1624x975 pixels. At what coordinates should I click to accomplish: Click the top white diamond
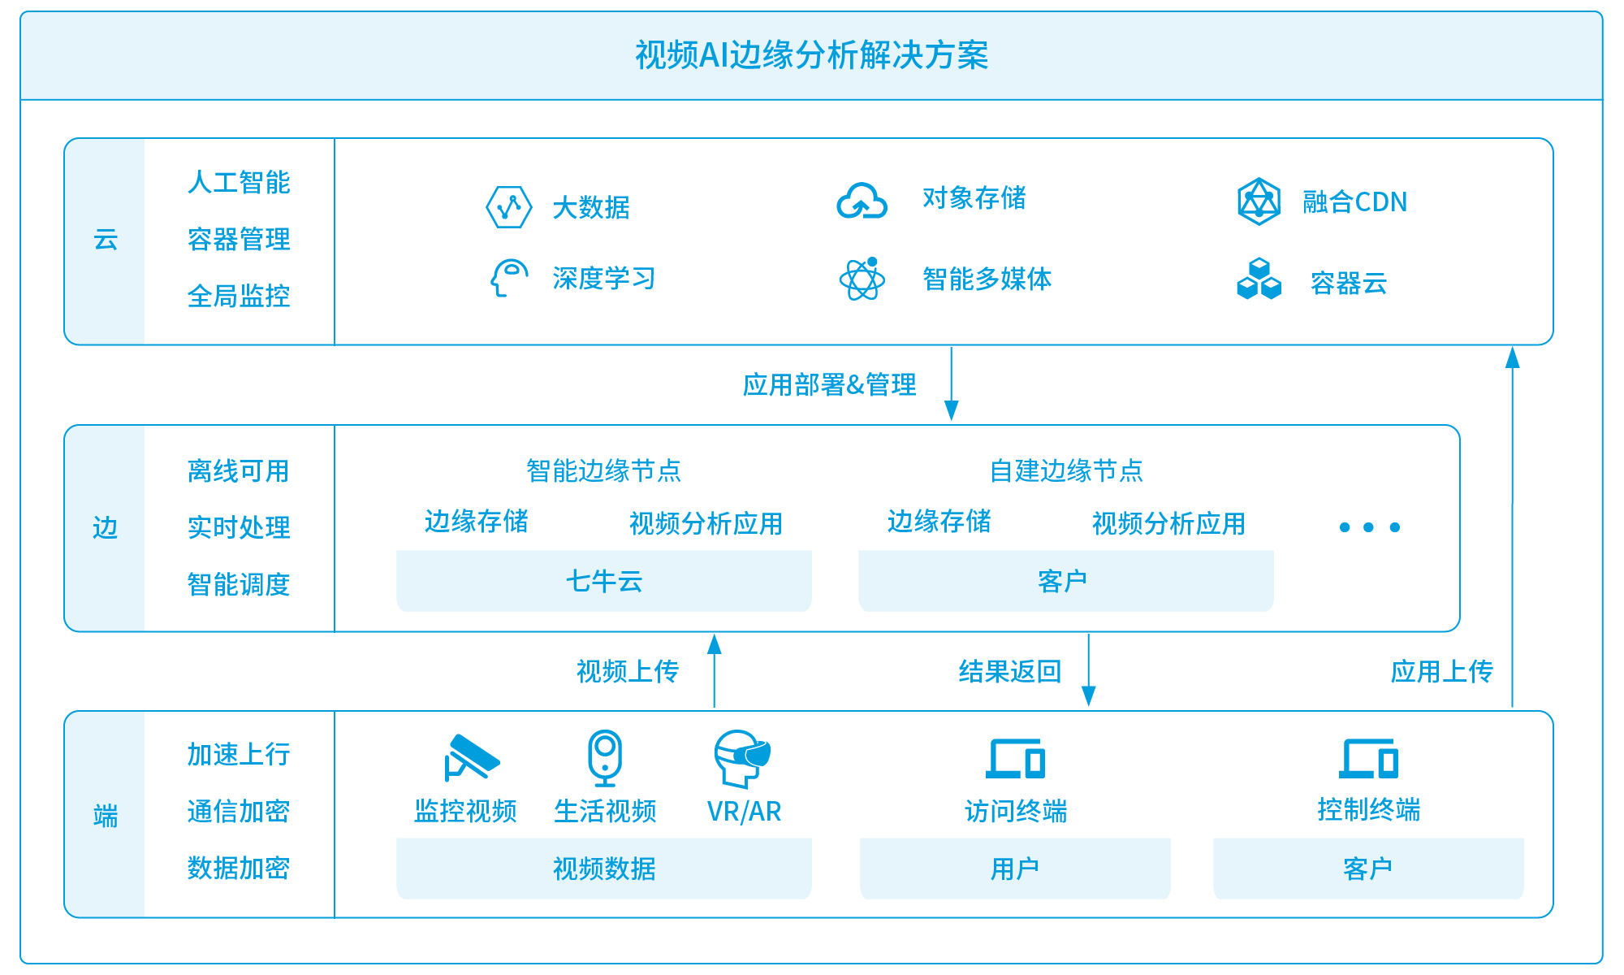[x=1259, y=264]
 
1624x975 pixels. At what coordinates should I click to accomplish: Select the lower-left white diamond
[x=1247, y=284]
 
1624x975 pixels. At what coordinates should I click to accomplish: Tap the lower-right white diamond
[x=1272, y=284]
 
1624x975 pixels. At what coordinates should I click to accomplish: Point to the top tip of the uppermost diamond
[x=1259, y=260]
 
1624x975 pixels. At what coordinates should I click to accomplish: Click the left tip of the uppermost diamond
[x=1252, y=264]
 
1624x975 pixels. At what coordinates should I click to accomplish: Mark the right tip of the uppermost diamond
[x=1267, y=264]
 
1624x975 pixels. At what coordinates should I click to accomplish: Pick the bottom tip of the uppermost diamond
[x=1259, y=268]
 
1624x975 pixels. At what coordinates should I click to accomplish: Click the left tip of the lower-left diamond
[x=1240, y=284]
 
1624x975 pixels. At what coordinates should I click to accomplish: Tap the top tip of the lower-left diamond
[x=1247, y=279]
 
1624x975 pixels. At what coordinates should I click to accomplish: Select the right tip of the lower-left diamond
[x=1255, y=284]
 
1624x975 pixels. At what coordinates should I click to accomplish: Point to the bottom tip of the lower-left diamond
[x=1247, y=288]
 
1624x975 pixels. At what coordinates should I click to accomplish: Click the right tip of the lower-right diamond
[x=1279, y=284]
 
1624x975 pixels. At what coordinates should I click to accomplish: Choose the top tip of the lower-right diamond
[x=1272, y=279]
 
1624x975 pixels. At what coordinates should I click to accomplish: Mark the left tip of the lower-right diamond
[x=1264, y=284]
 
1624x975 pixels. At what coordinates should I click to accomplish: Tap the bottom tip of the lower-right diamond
[x=1272, y=288]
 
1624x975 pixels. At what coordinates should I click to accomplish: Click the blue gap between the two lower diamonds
[x=1259, y=284]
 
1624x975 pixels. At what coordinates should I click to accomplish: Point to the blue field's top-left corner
[x=20, y=11]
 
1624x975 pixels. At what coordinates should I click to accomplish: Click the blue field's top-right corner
[x=1604, y=11]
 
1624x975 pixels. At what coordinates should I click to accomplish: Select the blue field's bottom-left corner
[x=20, y=964]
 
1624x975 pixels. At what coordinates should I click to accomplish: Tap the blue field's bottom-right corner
[x=1604, y=964]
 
